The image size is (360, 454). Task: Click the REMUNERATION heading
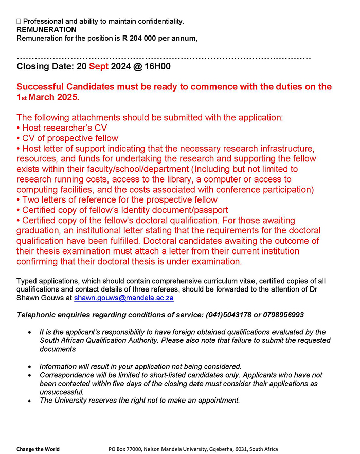point(46,30)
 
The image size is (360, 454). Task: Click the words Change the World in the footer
point(38,449)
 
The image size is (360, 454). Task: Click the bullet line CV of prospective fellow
point(67,138)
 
